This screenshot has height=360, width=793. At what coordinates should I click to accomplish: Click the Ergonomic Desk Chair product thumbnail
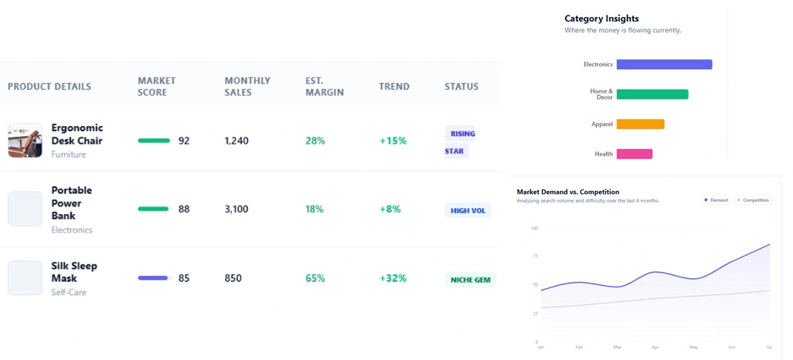click(x=25, y=141)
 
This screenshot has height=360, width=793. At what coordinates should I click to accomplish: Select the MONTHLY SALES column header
click(x=247, y=87)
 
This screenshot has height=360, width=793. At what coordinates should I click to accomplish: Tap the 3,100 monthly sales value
click(x=237, y=209)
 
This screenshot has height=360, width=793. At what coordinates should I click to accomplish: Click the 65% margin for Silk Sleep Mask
click(x=315, y=278)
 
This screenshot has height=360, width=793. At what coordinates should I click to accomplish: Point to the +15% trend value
click(x=393, y=141)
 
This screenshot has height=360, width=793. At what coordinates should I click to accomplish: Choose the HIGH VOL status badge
click(x=468, y=210)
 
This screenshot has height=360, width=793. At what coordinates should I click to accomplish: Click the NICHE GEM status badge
click(x=470, y=280)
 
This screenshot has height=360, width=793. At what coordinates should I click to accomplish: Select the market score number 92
click(x=184, y=141)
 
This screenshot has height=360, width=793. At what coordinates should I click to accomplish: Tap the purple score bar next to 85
click(x=152, y=278)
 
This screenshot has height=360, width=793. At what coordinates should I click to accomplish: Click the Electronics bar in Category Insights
click(x=664, y=65)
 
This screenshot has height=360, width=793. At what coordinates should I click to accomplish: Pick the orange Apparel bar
click(x=640, y=124)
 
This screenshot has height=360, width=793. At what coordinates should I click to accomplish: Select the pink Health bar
click(x=634, y=154)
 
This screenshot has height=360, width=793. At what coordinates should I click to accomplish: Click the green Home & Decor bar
click(x=652, y=94)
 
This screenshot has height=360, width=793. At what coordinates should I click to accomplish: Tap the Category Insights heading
click(x=601, y=19)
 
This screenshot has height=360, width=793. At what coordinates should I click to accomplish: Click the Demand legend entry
click(x=716, y=200)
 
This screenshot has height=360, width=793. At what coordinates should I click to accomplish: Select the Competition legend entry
click(x=753, y=200)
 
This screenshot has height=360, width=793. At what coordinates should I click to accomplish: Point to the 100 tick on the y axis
click(x=534, y=228)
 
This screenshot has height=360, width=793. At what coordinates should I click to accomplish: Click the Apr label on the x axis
click(x=655, y=348)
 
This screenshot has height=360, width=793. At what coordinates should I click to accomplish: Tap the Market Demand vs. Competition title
click(x=567, y=192)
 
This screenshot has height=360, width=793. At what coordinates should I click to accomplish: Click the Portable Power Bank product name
click(x=71, y=203)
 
